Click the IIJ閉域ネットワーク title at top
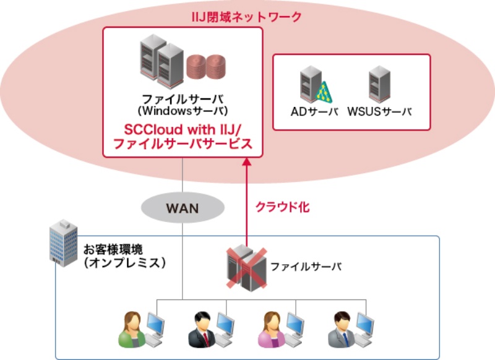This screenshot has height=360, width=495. pos(246,17)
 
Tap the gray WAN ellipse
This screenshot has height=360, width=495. pos(183,208)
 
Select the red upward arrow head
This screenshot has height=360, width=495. pos(246,162)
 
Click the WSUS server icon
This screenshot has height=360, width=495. pos(379,85)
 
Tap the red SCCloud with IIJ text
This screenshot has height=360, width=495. pos(183,131)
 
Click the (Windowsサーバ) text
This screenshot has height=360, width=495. pos(183,111)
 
